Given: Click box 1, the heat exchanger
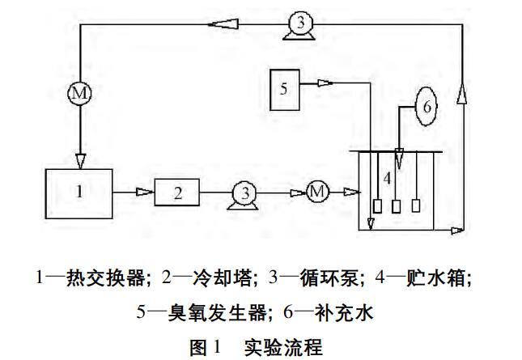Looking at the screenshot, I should (78, 190).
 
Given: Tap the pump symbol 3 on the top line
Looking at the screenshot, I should (299, 25).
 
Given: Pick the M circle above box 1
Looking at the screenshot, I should (79, 93).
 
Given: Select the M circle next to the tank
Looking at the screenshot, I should (318, 192).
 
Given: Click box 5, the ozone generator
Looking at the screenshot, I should (284, 89).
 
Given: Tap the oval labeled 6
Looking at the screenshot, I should (428, 107).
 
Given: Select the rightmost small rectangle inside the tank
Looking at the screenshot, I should (417, 205).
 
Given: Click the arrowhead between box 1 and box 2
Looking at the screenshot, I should (142, 192).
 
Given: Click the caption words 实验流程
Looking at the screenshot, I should (282, 347).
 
